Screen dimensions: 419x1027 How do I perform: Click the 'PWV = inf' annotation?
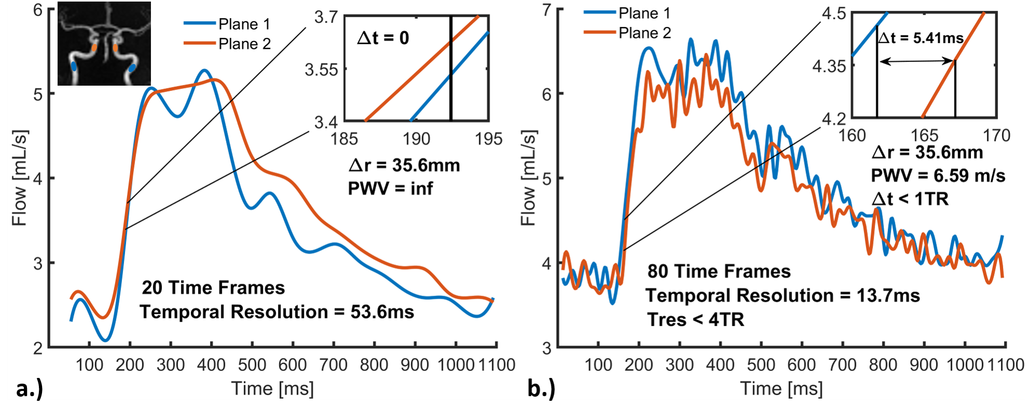pos(390,188)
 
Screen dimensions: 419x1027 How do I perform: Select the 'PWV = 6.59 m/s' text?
pos(938,176)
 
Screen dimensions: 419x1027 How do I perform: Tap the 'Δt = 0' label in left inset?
pos(383,38)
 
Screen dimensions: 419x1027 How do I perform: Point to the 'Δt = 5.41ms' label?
pos(921,38)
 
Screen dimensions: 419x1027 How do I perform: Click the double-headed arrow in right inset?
pos(917,61)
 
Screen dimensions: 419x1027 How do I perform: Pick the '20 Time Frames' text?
pos(213,288)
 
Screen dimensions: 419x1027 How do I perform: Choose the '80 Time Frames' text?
pos(719,271)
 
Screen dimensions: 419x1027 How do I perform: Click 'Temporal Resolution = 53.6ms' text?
pos(276,312)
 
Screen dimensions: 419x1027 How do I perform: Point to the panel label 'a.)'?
pos(29,388)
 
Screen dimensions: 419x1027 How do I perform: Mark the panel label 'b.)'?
pos(541,388)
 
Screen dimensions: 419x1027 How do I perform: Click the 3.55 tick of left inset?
pos(321,70)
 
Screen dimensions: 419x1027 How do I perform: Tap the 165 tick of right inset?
pos(924,136)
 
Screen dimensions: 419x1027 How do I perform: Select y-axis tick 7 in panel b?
pos(546,10)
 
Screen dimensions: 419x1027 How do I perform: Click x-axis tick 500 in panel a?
pos(252,365)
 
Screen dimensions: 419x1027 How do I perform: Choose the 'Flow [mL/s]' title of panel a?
pos(19,178)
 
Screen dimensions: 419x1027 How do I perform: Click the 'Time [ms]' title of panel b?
pos(781,389)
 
